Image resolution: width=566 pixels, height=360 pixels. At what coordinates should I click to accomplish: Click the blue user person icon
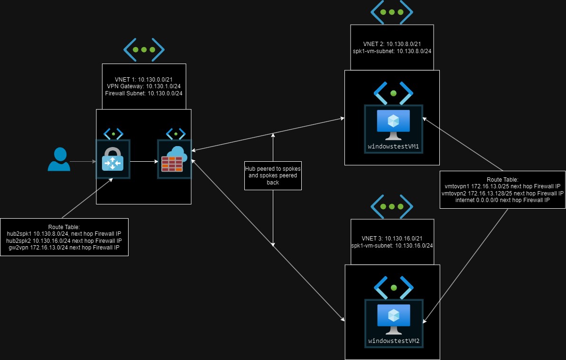tap(59, 159)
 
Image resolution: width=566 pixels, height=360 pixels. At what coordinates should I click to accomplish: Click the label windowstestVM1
tap(393, 147)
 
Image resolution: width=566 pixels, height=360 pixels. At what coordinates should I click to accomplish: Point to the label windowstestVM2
tap(393, 341)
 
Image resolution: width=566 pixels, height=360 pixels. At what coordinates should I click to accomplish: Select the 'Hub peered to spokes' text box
tap(273, 175)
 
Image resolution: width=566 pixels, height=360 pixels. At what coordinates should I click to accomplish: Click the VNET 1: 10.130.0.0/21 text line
tap(144, 79)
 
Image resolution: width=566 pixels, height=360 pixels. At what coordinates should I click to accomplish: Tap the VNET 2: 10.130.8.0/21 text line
tap(391, 44)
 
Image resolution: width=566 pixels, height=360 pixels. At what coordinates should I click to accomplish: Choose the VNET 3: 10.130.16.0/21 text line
tap(392, 239)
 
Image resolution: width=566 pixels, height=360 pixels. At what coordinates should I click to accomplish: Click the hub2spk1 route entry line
tap(65, 234)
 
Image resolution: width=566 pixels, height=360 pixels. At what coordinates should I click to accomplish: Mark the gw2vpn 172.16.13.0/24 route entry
tap(65, 247)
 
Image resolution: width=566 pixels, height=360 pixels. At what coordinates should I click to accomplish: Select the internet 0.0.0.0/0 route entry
tap(502, 200)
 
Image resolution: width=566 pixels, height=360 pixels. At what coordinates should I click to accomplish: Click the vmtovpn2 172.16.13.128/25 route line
tap(502, 193)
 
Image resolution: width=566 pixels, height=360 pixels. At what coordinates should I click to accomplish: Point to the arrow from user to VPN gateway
tap(83, 161)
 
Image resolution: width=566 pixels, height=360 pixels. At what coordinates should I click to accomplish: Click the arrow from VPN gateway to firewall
tap(144, 161)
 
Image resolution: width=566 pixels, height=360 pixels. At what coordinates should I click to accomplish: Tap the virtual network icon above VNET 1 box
tap(144, 49)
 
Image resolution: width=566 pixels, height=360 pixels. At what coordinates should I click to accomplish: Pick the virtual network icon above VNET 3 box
tap(391, 207)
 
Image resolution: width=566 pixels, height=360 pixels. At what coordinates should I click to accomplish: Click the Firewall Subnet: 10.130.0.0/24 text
tap(144, 93)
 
